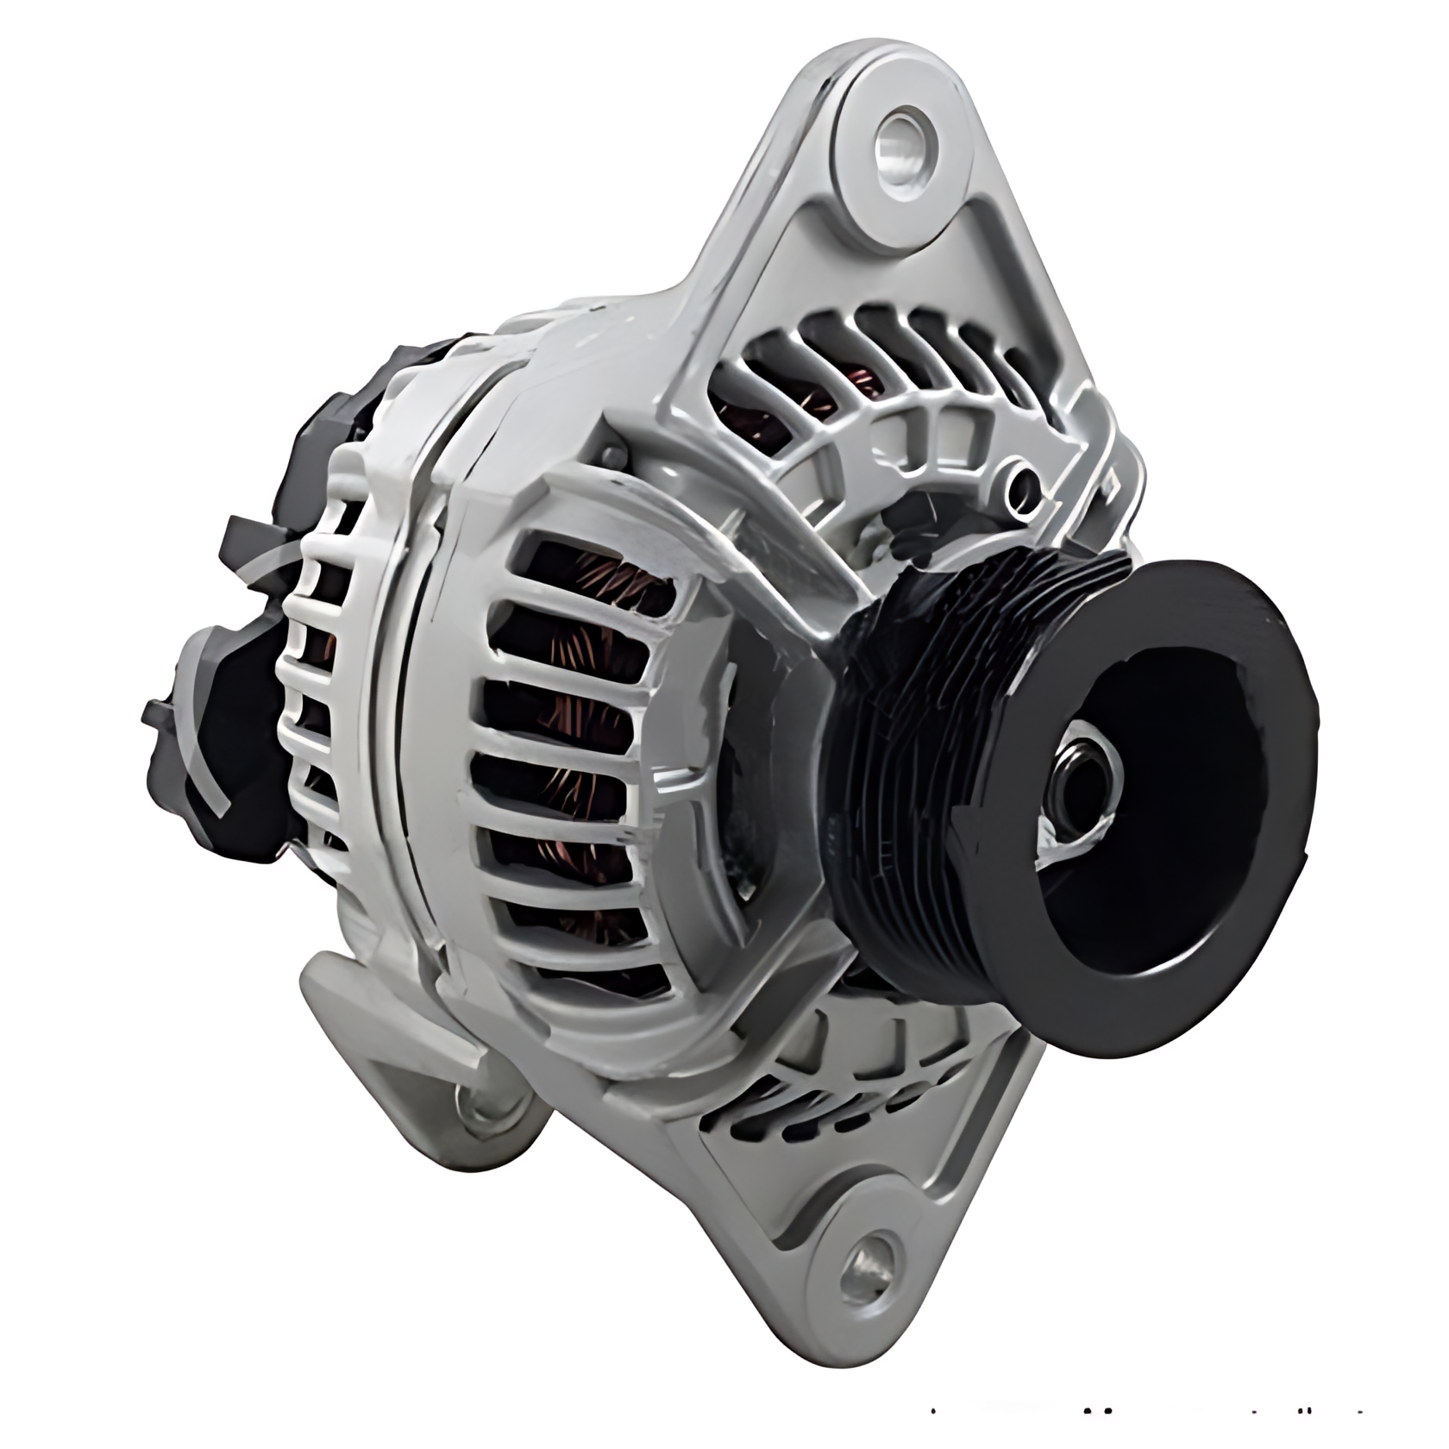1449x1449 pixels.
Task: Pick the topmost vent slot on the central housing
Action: [x=595, y=574]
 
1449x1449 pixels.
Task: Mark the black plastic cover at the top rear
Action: [x=414, y=371]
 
